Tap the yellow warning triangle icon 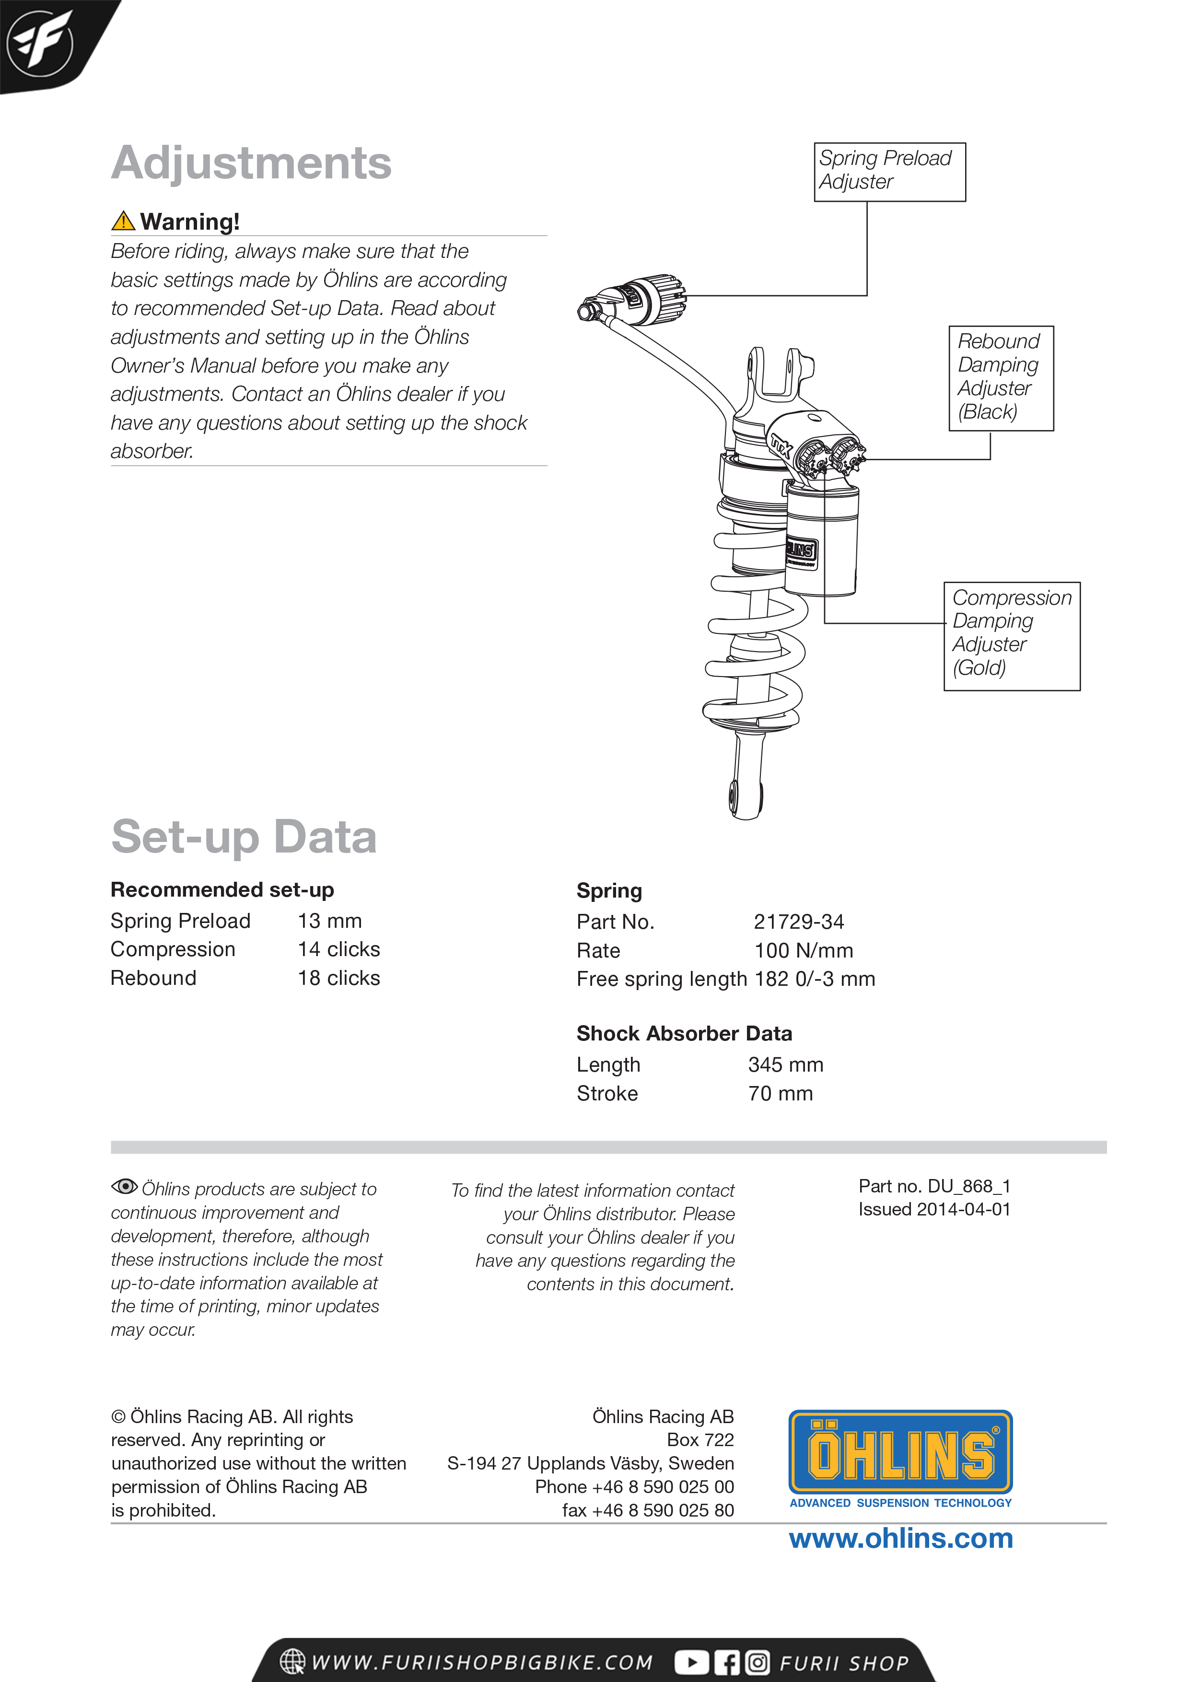click(123, 221)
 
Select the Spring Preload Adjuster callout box click(889, 172)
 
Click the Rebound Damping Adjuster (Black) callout click(1001, 377)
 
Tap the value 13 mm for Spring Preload click(330, 921)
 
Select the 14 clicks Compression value click(338, 949)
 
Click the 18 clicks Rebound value click(338, 978)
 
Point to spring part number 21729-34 click(799, 922)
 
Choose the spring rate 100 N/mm click(804, 951)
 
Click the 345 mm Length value click(785, 1064)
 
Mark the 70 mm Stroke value click(780, 1094)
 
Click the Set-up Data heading click(244, 837)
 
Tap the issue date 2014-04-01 click(963, 1210)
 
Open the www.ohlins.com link click(900, 1539)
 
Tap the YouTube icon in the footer click(691, 1662)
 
